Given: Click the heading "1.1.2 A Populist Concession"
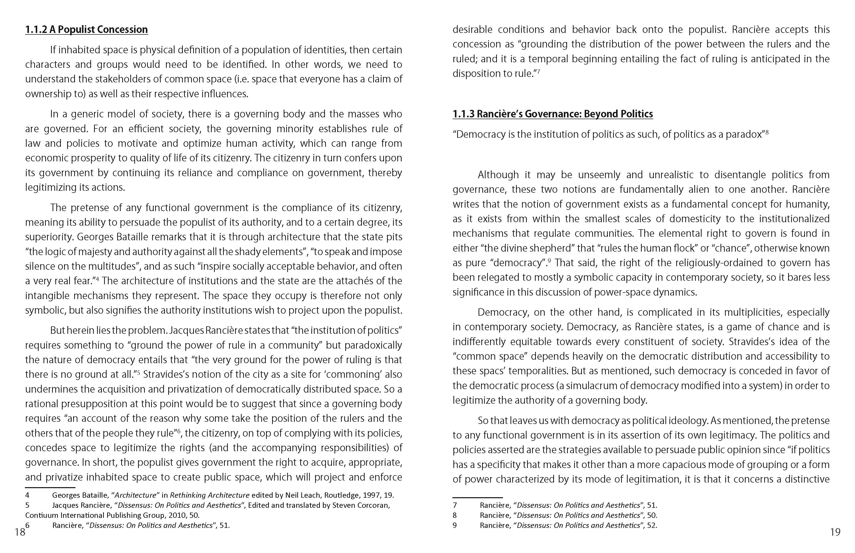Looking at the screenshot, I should [x=86, y=29].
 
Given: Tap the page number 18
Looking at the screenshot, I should [x=20, y=532].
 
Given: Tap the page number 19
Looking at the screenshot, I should [x=835, y=532].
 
